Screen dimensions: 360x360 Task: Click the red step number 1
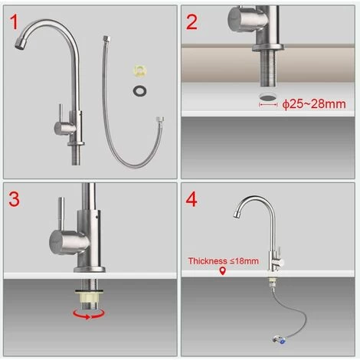point(15,22)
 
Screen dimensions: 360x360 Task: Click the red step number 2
point(192,22)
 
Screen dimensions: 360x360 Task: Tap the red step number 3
point(15,199)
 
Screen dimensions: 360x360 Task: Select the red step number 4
point(191,199)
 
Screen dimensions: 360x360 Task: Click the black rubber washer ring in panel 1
point(139,91)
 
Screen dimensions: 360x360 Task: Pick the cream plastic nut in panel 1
point(140,70)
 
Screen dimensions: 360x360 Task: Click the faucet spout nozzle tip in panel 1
point(20,44)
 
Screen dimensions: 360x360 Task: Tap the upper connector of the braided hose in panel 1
point(106,39)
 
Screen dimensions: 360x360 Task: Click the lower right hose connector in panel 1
point(160,119)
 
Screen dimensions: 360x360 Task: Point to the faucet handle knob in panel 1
point(64,128)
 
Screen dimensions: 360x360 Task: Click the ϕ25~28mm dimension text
point(314,104)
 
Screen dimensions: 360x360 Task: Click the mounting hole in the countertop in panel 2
point(268,97)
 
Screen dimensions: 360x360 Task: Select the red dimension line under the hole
point(268,104)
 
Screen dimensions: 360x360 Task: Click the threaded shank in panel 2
point(268,67)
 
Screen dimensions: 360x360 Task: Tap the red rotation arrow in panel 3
point(89,314)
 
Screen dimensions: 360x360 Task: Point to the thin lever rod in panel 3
point(61,214)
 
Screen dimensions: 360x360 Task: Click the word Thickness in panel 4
point(208,261)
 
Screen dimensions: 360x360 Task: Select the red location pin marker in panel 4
point(223,271)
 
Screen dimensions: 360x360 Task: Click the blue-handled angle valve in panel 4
point(278,340)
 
